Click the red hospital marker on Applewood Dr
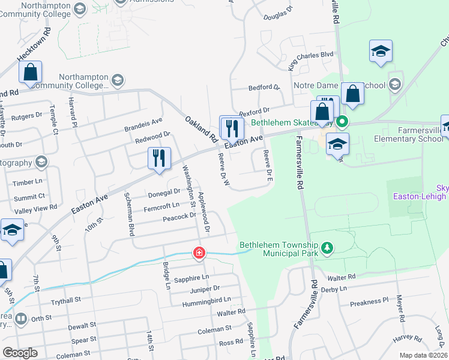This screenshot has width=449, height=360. click(198, 253)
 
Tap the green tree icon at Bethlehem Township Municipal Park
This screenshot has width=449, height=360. click(327, 248)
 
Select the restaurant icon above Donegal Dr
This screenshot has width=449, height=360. click(159, 158)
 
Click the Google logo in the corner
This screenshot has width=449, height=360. click(20, 353)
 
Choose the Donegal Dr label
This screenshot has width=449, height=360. click(164, 193)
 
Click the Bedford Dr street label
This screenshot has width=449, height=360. click(265, 87)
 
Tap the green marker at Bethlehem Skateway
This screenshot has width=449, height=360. click(342, 122)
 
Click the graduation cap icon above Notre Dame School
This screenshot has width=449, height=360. click(381, 52)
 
